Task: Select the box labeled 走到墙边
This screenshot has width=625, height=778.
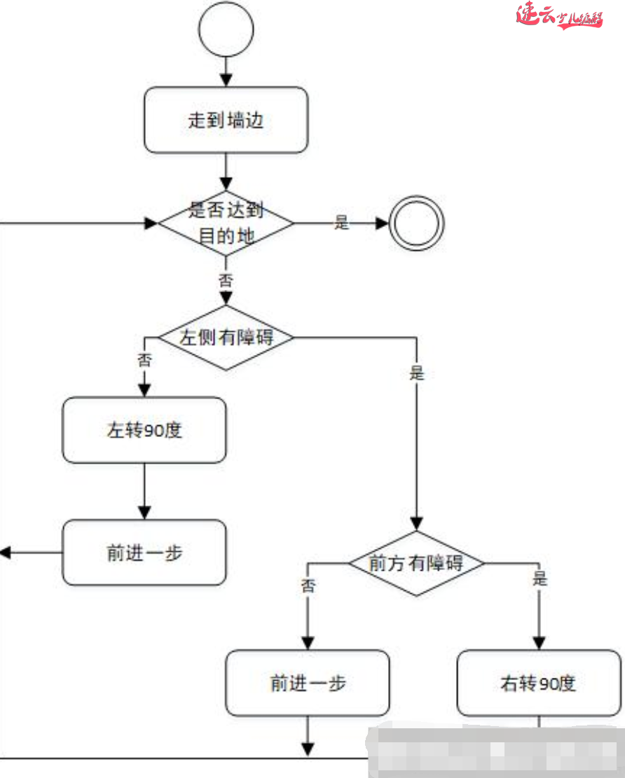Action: point(226,120)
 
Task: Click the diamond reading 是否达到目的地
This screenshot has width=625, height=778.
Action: point(226,223)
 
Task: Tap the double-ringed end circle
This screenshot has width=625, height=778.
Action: point(416,223)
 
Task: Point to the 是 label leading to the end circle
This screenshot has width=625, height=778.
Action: point(341,223)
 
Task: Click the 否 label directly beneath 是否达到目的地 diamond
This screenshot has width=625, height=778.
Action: point(226,281)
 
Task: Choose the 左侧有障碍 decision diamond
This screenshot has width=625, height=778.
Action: point(226,338)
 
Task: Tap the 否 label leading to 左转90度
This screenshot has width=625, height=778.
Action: point(144,360)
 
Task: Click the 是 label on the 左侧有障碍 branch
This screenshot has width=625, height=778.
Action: point(417,373)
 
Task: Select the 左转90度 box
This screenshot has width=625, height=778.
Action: point(144,430)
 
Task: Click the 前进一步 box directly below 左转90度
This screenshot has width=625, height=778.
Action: point(144,553)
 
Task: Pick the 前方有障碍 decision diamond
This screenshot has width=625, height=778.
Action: point(416,563)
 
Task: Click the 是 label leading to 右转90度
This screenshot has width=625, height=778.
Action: point(540,579)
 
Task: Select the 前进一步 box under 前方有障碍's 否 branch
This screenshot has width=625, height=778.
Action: point(308,683)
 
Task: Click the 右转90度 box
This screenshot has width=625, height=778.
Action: point(539,683)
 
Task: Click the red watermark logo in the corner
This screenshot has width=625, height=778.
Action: point(558,15)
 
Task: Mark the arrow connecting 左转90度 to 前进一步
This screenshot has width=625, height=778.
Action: point(144,491)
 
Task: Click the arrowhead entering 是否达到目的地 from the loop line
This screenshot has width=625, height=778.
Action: point(151,223)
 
